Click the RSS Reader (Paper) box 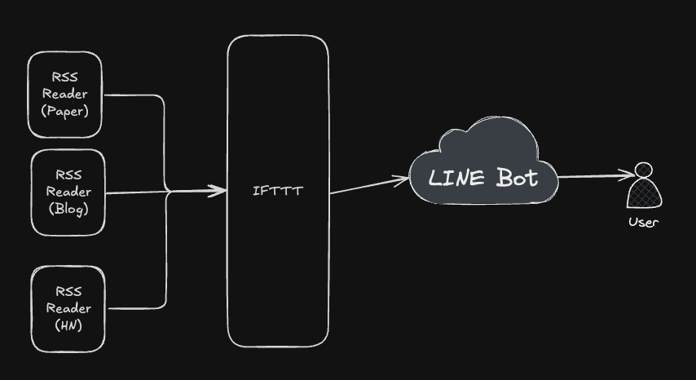65,95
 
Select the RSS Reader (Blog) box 68,192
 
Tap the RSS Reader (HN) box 68,309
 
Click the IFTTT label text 278,192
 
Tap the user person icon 643,187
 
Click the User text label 643,222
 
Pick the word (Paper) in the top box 65,111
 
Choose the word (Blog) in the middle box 68,209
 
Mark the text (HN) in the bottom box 68,325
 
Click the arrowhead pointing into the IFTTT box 218,191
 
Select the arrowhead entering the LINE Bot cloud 402,179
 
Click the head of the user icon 644,171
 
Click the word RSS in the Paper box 65,77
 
